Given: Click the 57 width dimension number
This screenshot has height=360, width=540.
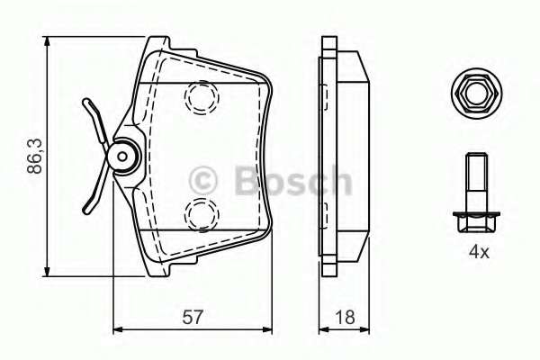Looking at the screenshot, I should coord(193,316).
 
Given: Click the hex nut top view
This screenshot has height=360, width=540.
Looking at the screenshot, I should coord(474,91).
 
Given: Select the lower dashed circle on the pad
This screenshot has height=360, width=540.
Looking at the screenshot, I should coord(201,214).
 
